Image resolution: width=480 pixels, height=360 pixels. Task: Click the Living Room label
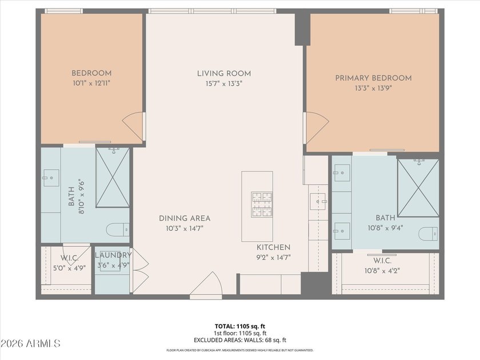point(224,74)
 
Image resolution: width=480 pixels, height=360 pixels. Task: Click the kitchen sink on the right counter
point(319,201)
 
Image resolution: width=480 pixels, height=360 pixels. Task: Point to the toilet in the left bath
point(117,230)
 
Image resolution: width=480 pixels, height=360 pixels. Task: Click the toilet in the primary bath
point(429,233)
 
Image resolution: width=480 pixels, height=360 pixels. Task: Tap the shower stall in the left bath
point(113,177)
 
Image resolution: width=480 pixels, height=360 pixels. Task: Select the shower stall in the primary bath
point(418,188)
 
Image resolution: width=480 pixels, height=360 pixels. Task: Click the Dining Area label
point(185,218)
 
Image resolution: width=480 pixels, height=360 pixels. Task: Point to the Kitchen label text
point(273,247)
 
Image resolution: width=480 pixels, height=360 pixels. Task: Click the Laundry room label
point(113,255)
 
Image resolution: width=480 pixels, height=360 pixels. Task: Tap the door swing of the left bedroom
point(134,126)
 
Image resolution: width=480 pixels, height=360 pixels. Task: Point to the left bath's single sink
point(51,178)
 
